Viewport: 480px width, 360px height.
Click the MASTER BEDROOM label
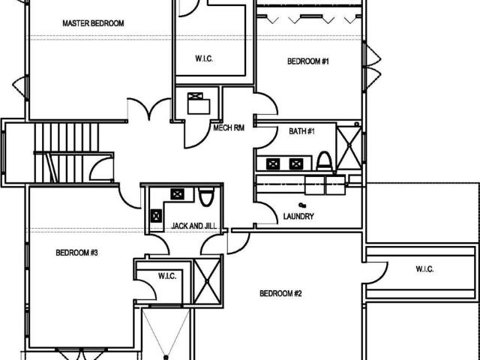coord(93,23)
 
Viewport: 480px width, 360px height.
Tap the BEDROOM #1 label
coord(308,61)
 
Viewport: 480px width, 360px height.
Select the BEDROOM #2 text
coord(280,293)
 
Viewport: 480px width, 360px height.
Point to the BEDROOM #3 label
coord(76,253)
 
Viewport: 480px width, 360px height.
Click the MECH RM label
coord(229,128)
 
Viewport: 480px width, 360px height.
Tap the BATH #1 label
coord(301,131)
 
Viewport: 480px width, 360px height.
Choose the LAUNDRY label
coord(298,217)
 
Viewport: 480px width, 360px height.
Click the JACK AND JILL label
coord(194,226)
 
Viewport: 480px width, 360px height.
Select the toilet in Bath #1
coord(324,161)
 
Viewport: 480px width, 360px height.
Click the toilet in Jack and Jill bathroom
coord(207,196)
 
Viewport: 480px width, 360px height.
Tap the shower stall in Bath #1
coord(349,148)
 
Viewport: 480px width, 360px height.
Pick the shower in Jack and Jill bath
coord(207,281)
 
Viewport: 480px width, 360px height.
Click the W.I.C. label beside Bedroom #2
coord(424,269)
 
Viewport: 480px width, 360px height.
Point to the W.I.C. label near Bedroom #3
coord(167,276)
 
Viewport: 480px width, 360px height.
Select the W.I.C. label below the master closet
coord(204,58)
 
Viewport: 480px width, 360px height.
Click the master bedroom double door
coord(149,109)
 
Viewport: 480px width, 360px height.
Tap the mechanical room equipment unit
coord(199,103)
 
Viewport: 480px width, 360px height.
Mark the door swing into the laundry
coord(266,213)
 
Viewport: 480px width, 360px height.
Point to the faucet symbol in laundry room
coord(302,205)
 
